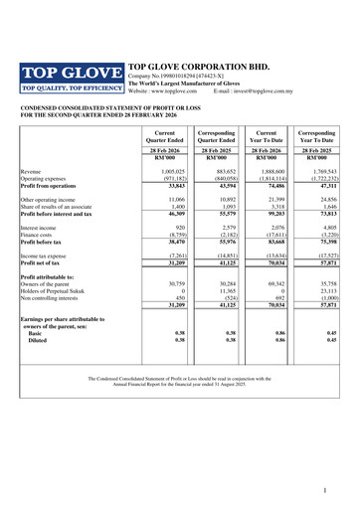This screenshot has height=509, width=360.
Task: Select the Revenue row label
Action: pos(31,172)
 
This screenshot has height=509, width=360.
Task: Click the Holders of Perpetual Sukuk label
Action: pos(61,290)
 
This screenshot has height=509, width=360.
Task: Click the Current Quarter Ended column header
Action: pos(164,135)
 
